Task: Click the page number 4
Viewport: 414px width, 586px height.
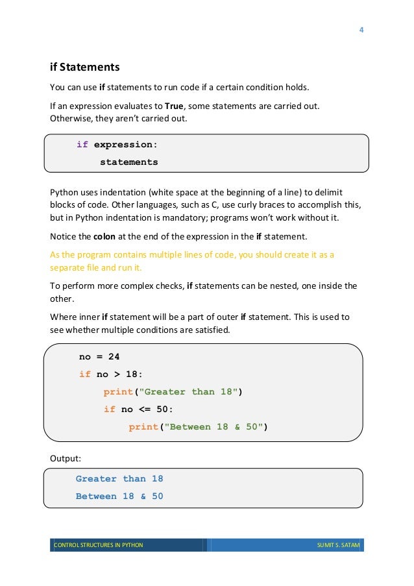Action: pos(361,29)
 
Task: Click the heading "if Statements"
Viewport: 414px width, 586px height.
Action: pos(84,67)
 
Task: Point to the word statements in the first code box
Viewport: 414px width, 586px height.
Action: pos(128,162)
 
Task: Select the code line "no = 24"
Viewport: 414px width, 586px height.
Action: pos(99,357)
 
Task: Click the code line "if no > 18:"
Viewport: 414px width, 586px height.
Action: pos(110,374)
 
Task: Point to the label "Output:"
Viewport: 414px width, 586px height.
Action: pos(66,459)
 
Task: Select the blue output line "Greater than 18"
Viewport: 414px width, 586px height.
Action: pos(119,479)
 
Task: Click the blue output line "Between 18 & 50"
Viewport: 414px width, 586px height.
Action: pos(119,496)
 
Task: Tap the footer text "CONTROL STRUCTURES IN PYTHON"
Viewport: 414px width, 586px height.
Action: pos(98,545)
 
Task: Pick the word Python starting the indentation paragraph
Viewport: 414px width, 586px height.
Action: pos(65,192)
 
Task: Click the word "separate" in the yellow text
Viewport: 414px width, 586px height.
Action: pos(67,267)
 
